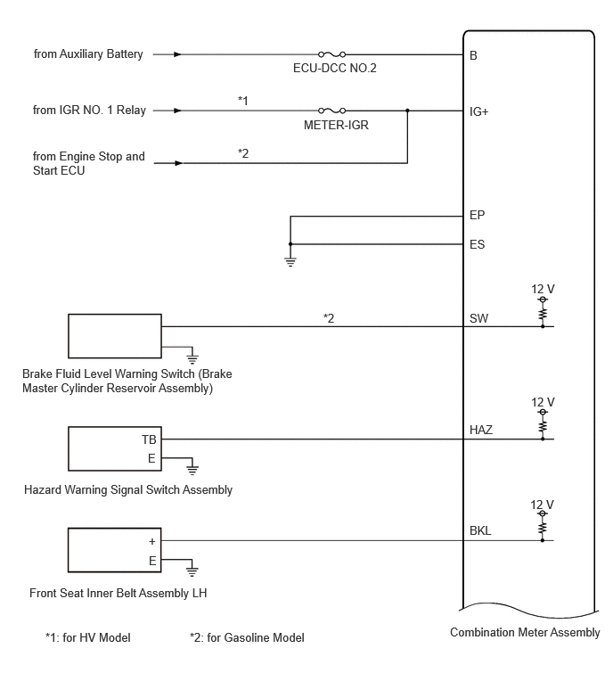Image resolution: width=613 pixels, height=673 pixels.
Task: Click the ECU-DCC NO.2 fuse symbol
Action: [x=331, y=54]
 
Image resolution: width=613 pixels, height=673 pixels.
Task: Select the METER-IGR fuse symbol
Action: [x=331, y=111]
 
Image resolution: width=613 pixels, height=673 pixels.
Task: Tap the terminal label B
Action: [x=473, y=56]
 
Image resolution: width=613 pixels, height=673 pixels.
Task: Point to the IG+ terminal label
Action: [x=478, y=112]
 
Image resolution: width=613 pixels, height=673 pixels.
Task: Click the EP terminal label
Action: [x=477, y=215]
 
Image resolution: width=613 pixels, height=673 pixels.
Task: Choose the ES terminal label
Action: [x=477, y=244]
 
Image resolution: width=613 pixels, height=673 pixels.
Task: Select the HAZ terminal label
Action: [x=481, y=430]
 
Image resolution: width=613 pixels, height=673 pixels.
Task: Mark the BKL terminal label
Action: [x=480, y=531]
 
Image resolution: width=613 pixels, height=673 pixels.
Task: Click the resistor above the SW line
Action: [x=543, y=314]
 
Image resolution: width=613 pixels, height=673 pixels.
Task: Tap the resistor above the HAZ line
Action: [x=543, y=427]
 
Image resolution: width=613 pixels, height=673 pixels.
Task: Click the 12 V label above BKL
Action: [x=542, y=505]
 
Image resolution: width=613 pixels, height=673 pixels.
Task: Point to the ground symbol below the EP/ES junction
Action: [x=290, y=262]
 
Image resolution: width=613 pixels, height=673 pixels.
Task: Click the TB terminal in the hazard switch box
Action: [x=149, y=439]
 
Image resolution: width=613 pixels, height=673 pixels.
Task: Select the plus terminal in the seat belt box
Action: [x=151, y=542]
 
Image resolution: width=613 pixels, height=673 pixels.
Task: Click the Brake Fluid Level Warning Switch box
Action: [x=115, y=336]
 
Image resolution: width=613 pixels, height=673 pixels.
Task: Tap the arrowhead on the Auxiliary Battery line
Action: [x=177, y=54]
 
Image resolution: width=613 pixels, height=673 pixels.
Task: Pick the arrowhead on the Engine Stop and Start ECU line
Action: [x=178, y=163]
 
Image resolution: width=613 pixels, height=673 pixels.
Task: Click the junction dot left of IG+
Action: [x=407, y=111]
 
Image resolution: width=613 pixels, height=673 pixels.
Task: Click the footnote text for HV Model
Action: [x=88, y=638]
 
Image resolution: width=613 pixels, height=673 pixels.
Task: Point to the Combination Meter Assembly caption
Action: [x=525, y=633]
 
